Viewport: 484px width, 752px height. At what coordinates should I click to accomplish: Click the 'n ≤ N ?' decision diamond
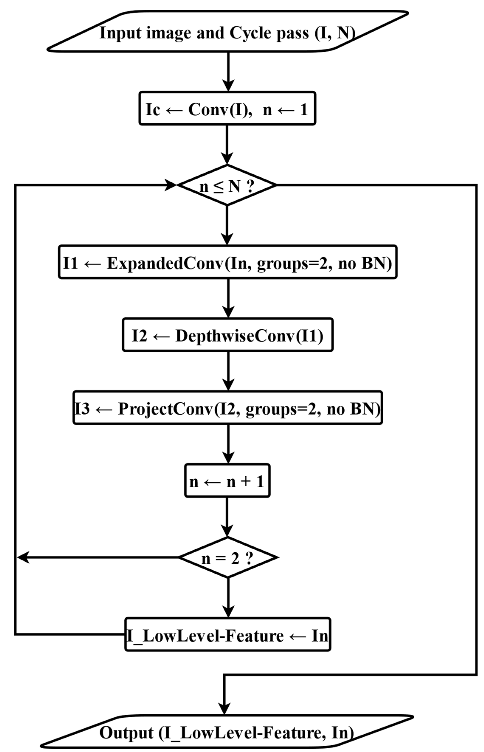tap(227, 185)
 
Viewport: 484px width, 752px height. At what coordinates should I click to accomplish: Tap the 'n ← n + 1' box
tap(227, 481)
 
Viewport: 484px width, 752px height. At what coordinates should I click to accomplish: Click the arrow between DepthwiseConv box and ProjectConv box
tap(228, 371)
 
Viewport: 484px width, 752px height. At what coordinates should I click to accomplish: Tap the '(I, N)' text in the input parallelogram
tap(335, 33)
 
